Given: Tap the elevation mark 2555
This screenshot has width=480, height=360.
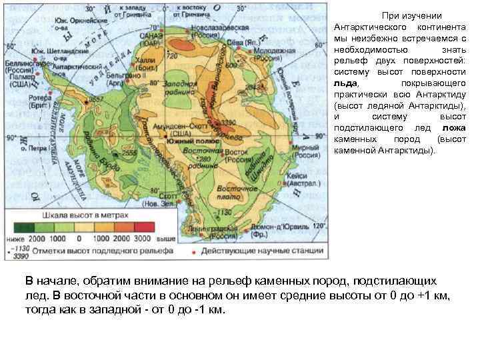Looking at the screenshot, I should [128, 153].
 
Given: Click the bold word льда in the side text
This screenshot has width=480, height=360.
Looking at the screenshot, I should [346, 83].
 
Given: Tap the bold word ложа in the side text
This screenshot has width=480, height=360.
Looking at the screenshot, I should [453, 128].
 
